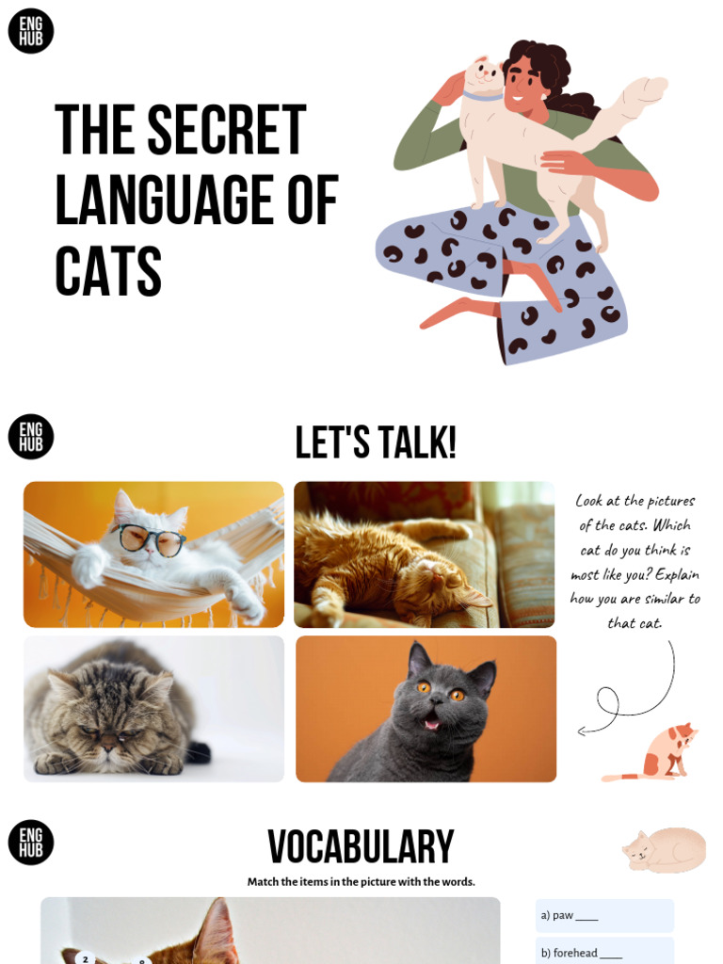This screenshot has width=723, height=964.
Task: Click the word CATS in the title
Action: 108,271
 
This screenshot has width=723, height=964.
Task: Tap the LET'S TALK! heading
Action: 376,442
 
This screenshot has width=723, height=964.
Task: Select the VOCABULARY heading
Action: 361,847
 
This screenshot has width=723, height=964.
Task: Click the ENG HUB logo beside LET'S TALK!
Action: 31,438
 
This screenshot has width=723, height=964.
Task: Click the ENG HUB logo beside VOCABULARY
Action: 31,843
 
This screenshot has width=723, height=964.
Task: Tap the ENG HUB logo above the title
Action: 31,31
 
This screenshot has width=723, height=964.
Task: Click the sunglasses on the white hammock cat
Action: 151,538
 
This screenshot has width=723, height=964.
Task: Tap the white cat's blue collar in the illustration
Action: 482,96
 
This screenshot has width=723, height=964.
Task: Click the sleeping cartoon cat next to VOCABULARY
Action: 664,849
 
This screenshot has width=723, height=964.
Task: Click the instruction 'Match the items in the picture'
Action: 361,882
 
